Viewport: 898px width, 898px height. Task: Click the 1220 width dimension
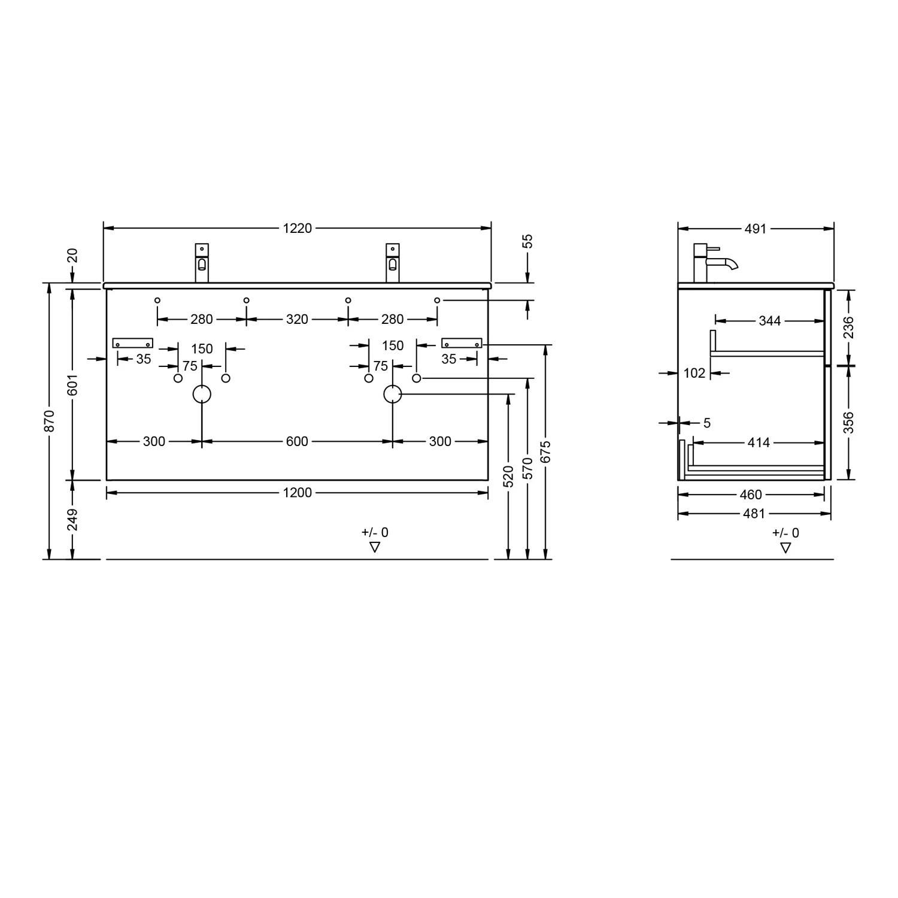point(298,228)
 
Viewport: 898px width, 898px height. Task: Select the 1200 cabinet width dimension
point(298,493)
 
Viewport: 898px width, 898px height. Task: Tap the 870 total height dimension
point(50,421)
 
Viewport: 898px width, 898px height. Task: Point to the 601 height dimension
point(72,384)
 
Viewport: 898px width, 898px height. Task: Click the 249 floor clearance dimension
point(72,520)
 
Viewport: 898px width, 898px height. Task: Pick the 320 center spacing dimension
point(297,319)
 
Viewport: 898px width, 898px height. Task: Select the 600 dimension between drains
point(297,441)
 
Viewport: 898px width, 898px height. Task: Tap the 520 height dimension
point(508,477)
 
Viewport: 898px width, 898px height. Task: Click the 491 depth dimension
point(756,229)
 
